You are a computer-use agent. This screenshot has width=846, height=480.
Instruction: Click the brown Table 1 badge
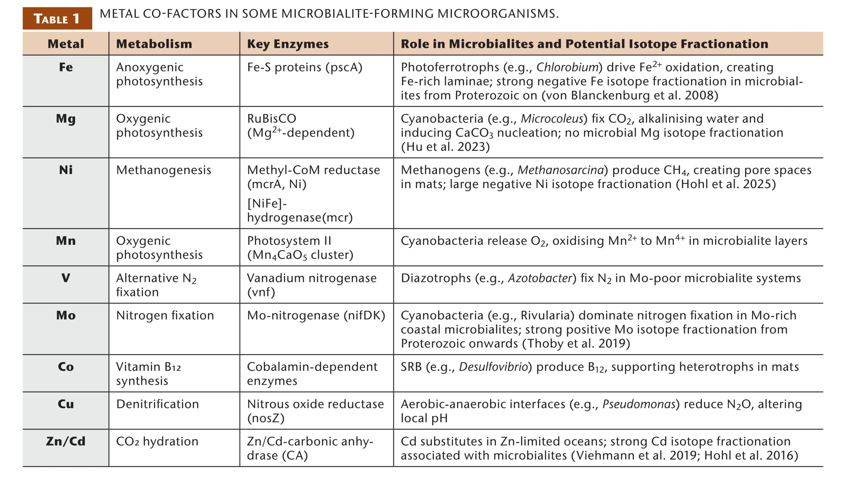(x=57, y=18)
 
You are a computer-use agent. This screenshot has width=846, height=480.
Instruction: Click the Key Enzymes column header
(x=288, y=44)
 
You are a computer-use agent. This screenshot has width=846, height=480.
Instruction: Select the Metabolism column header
(x=154, y=44)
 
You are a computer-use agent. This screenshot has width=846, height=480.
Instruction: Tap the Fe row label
(x=66, y=67)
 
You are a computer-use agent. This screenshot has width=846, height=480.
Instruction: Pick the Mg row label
(x=66, y=119)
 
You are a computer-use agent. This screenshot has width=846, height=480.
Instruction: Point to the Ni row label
(x=66, y=170)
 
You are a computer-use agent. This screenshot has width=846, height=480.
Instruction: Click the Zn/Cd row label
(x=66, y=441)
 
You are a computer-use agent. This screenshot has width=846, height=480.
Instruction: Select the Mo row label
(x=66, y=315)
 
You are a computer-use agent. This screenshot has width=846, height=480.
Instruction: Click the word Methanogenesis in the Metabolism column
(x=164, y=170)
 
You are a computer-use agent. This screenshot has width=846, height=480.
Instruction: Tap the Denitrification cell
(x=158, y=404)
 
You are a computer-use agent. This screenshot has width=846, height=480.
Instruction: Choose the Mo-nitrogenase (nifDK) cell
(x=316, y=315)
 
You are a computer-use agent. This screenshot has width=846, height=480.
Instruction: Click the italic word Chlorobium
(x=567, y=67)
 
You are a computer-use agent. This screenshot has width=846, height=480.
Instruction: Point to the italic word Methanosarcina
(x=561, y=170)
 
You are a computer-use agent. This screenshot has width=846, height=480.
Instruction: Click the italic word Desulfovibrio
(x=493, y=367)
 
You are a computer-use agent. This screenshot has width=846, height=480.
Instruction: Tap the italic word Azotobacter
(x=540, y=278)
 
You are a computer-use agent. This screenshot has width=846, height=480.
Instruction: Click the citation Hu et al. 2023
(x=445, y=147)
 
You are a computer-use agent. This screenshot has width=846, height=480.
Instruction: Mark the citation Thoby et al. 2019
(x=576, y=344)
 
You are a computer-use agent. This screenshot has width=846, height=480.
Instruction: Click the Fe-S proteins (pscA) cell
(x=305, y=67)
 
